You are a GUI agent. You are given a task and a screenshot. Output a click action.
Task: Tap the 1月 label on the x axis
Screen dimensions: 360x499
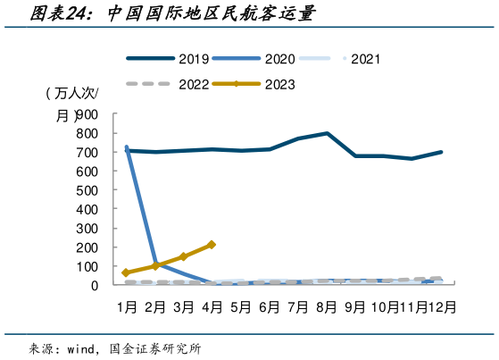click(126, 306)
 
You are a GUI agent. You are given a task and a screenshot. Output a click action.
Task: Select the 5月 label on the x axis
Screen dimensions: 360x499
click(240, 306)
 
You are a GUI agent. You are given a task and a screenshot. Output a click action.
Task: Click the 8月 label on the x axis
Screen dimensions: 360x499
click(327, 306)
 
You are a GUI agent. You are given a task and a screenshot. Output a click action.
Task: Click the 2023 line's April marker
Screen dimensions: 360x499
click(212, 244)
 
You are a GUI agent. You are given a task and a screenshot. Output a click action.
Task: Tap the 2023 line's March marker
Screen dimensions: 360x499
click(183, 256)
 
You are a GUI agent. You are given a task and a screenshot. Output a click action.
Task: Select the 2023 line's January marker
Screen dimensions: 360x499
click(126, 272)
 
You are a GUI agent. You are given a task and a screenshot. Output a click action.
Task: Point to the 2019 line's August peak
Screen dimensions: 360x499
click(327, 134)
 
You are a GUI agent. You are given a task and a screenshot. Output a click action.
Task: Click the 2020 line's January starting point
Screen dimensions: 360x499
click(127, 147)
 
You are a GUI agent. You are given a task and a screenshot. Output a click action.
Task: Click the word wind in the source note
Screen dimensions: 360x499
click(83, 347)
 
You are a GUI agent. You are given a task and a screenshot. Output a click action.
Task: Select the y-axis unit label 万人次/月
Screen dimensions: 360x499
click(71, 104)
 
